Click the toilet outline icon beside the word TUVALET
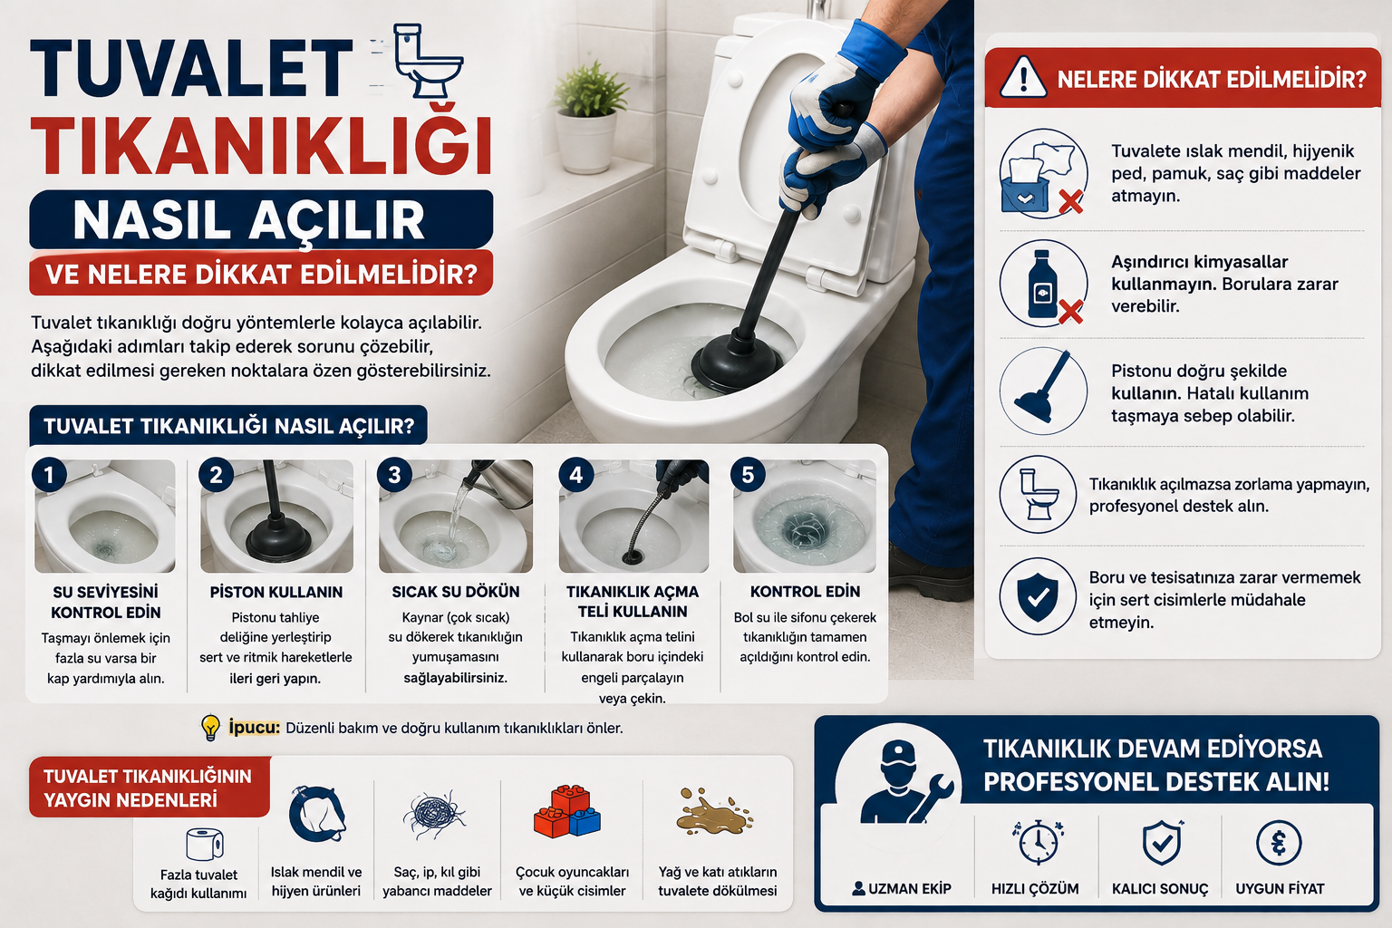[x=429, y=61]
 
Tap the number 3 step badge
[x=394, y=475]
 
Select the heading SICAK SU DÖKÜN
[x=456, y=592]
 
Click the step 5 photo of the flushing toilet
[x=804, y=516]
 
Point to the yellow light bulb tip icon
[x=210, y=727]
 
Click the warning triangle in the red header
[x=1023, y=78]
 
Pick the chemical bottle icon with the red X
[x=1044, y=284]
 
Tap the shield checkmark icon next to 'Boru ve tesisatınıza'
[x=1038, y=596]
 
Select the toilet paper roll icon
[x=205, y=844]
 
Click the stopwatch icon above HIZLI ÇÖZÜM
[x=1037, y=842]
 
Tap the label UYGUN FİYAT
[x=1280, y=889]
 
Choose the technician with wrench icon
[x=904, y=782]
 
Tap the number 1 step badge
[x=49, y=476]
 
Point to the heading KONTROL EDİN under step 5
[x=805, y=592]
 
